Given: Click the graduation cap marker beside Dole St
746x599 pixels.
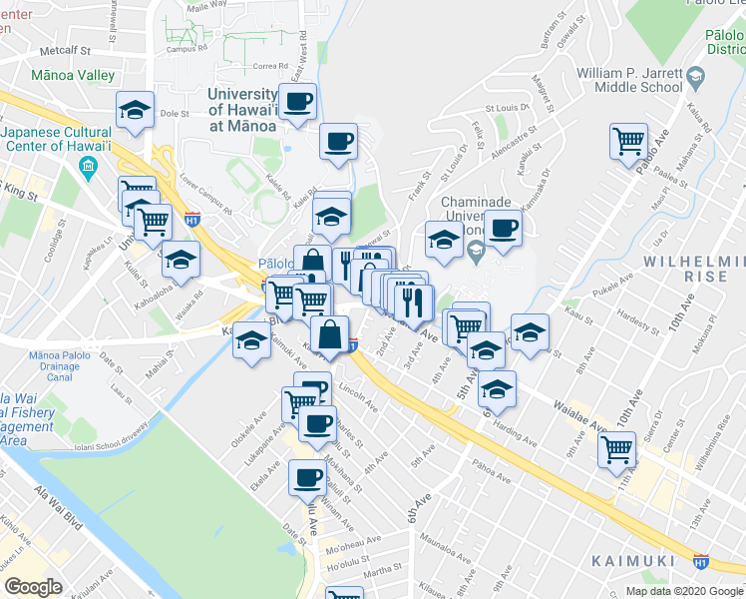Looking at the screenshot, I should [x=135, y=110].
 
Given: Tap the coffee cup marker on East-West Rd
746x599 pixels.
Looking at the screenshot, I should [x=297, y=100].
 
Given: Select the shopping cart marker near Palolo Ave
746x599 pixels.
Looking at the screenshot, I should [x=628, y=142].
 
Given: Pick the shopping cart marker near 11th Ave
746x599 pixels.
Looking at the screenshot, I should [x=617, y=449].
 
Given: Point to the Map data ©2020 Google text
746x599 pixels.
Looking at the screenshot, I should [x=684, y=591].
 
